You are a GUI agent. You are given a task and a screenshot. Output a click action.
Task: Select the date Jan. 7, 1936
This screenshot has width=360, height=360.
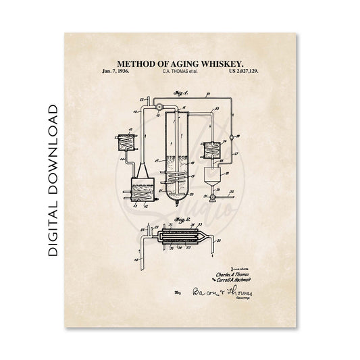pyautogui.click(x=115, y=70)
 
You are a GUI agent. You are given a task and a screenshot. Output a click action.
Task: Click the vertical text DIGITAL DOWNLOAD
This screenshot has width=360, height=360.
pyautogui.click(x=53, y=180)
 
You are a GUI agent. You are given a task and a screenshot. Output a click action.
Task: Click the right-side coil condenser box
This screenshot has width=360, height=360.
pyautogui.click(x=214, y=150)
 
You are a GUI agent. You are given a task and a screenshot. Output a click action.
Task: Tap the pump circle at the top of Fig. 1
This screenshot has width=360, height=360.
pyautogui.click(x=158, y=107)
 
